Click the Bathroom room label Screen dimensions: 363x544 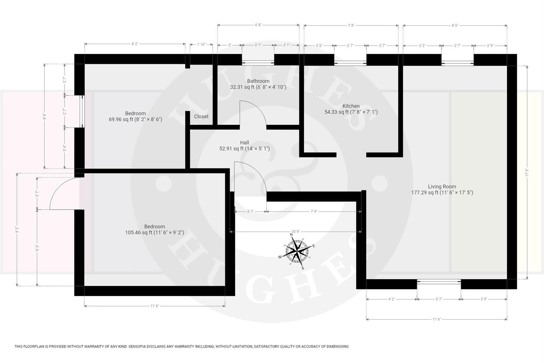click(258, 81)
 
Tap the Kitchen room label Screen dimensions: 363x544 click(351, 106)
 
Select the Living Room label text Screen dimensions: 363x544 click(442, 187)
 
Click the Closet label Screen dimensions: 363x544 click(201, 117)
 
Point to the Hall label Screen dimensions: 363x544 click(244, 143)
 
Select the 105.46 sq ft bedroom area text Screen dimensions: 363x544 click(154, 233)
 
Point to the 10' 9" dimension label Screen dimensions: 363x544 click(296, 232)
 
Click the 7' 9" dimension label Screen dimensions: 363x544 click(314, 212)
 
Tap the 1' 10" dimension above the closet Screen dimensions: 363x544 click(201, 44)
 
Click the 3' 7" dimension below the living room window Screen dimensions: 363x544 click(439, 299)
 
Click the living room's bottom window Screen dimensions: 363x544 click(439, 282)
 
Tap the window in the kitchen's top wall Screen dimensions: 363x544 click(350, 63)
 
